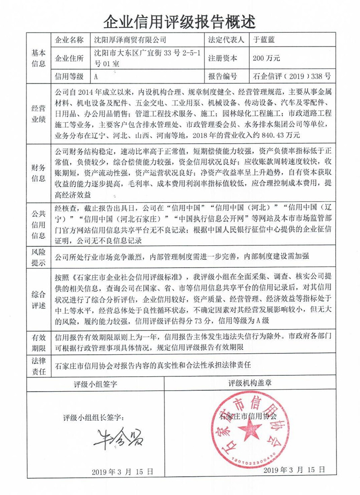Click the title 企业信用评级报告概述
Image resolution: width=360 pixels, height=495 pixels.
[180, 20]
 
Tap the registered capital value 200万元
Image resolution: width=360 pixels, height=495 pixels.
[266, 58]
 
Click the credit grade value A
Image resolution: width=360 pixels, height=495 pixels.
[96, 76]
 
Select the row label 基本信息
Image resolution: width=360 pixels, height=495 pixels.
[38, 58]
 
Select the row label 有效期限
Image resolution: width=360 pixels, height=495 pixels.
[38, 342]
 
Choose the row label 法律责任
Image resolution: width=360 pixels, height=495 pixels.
[38, 367]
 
